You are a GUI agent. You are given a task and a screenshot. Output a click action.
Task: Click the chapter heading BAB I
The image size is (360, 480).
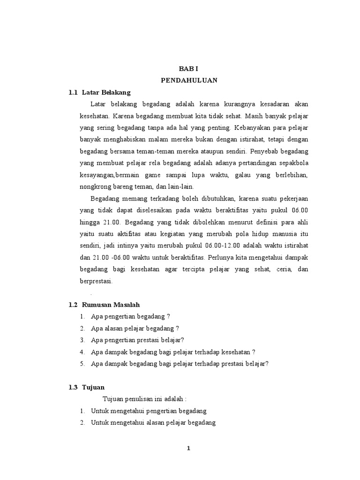pos(189,68)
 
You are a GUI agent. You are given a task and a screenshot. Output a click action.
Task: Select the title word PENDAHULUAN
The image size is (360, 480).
pos(189,80)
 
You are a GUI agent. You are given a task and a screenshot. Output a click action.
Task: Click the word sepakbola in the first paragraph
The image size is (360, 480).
pos(293,163)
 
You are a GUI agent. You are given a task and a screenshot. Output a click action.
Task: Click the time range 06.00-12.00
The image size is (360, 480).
pos(223,246)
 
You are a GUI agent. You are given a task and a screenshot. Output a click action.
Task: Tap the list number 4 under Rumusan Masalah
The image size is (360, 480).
pos(82,352)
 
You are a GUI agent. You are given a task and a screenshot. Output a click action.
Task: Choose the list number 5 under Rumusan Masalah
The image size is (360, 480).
pos(82,364)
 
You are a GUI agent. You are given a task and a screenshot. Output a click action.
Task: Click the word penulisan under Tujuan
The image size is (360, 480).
pos(142,399)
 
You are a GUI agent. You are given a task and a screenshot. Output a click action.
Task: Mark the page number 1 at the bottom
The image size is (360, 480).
pos(188,448)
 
